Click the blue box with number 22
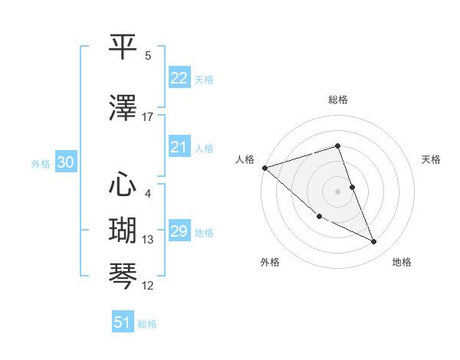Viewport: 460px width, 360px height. (179, 78)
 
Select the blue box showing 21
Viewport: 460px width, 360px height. (179, 147)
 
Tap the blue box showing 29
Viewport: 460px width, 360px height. (179, 231)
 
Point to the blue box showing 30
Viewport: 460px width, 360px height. (65, 162)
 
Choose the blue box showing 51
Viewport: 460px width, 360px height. (123, 322)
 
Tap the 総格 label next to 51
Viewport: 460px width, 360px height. (147, 324)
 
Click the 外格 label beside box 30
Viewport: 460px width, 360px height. (40, 163)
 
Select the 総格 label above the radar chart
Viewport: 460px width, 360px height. (337, 100)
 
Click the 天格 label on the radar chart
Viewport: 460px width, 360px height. (432, 159)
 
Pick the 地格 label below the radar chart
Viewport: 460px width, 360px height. (402, 262)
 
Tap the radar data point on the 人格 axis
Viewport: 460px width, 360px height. (264, 168)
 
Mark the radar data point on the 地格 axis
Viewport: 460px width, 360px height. (373, 242)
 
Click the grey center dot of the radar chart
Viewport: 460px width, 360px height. (337, 191)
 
